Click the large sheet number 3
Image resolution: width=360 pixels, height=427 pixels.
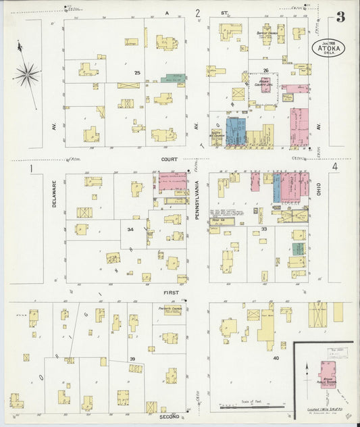tap(342, 18)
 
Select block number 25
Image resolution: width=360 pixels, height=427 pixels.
tap(137, 72)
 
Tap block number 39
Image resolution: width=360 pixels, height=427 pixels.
tap(132, 358)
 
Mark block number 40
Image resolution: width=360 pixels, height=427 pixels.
tap(276, 358)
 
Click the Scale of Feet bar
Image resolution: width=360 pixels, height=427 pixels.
tap(249, 407)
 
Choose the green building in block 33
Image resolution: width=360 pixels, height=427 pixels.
tap(298, 248)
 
